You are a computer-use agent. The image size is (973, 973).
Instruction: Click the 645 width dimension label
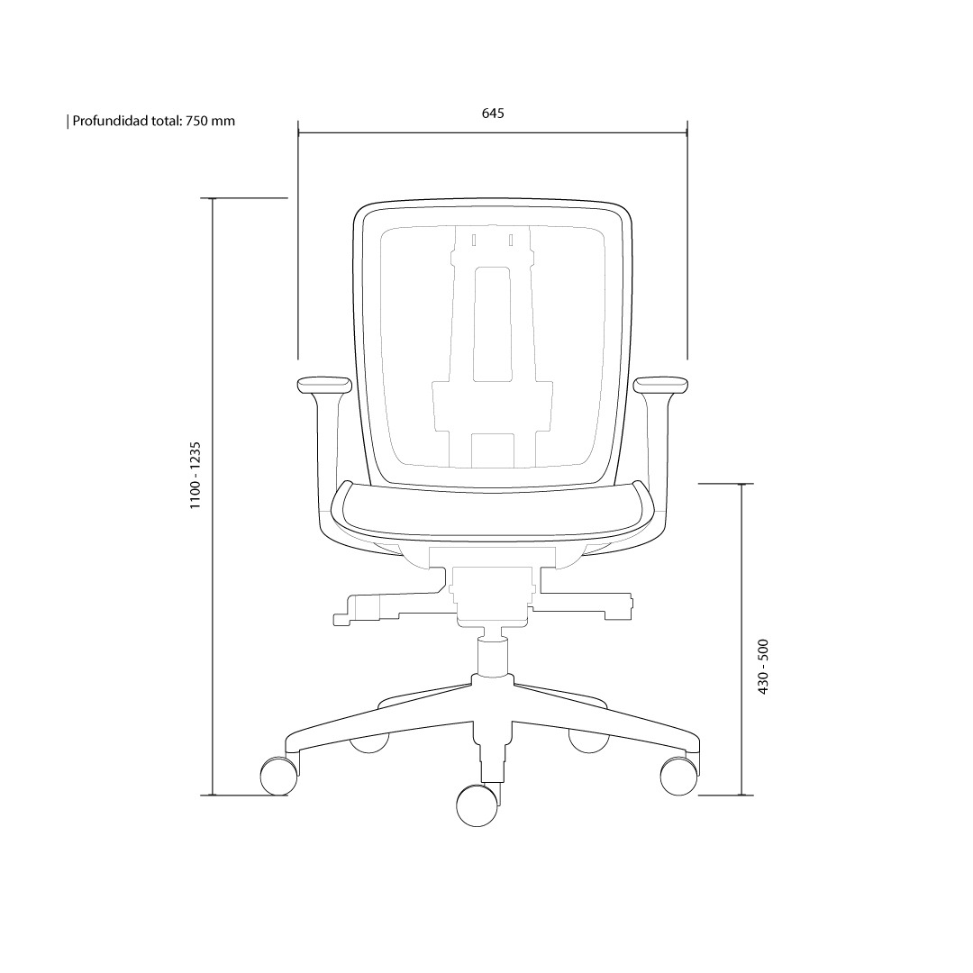click(493, 113)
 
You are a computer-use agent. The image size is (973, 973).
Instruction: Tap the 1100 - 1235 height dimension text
click(196, 476)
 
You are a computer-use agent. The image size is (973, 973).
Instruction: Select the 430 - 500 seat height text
click(763, 667)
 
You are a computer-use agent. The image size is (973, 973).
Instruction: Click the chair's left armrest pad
click(324, 385)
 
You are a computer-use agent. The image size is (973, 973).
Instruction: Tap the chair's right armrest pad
click(661, 385)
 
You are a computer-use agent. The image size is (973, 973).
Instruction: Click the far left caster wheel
click(278, 776)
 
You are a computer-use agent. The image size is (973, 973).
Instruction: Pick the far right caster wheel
click(679, 776)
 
